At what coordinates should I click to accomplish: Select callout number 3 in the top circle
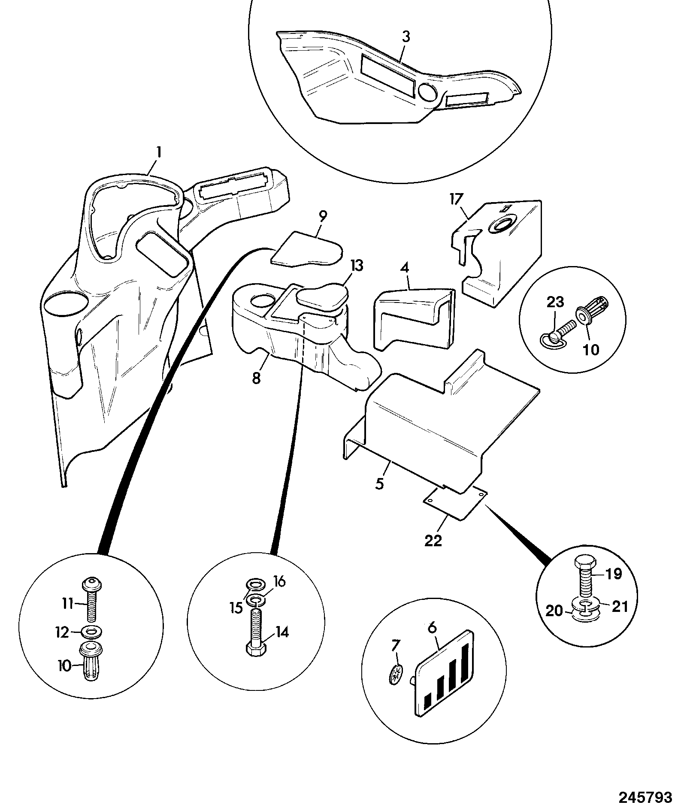(x=406, y=37)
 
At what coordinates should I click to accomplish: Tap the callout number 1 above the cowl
(x=159, y=152)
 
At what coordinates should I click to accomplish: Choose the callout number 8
(x=256, y=378)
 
